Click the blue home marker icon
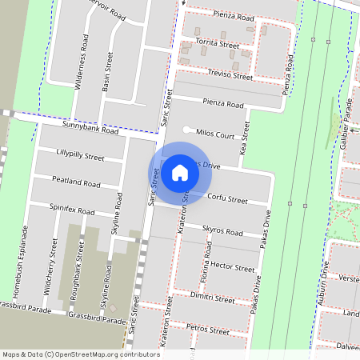[x=180, y=172]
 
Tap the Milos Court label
[x=214, y=135]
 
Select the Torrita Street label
[x=218, y=46]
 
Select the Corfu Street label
[x=227, y=198]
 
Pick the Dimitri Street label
[x=214, y=298]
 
